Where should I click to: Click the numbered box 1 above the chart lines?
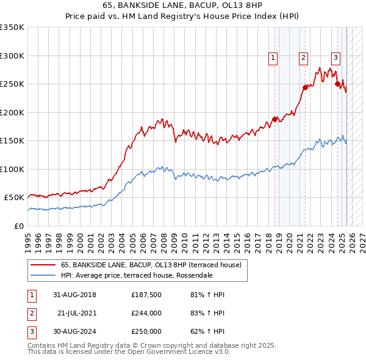tap(272, 58)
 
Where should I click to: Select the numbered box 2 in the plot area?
tap(303, 58)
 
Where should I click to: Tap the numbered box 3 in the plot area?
tap(335, 58)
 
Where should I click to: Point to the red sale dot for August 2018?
tap(274, 119)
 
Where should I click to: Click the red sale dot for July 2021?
tap(305, 87)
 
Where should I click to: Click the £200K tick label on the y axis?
tap(12, 112)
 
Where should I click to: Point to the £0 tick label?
tap(18, 226)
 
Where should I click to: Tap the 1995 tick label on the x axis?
tap(28, 239)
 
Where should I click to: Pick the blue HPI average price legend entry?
tap(137, 275)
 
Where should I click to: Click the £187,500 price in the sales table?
tap(146, 295)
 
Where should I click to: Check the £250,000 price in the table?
tap(146, 331)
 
